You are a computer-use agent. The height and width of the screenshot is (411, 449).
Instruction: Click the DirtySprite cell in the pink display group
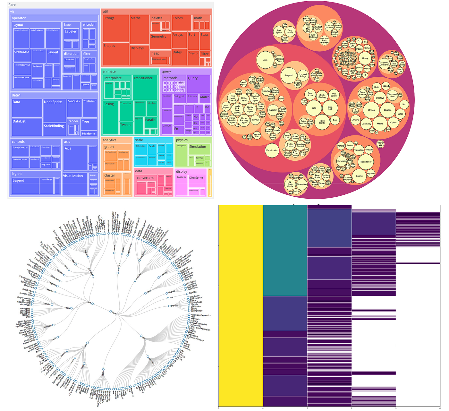coord(196,181)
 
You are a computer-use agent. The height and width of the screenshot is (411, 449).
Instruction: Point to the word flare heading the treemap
coord(12,5)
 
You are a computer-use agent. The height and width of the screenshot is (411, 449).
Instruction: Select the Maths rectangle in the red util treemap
coord(139,30)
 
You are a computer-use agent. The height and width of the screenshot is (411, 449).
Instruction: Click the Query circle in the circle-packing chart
coord(365,58)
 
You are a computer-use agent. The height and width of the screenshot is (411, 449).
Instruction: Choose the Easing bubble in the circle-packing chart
coord(359,176)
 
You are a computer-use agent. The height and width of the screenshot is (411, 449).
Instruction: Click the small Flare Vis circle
coord(380,144)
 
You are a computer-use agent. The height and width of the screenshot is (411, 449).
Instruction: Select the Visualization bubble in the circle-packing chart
coord(272,150)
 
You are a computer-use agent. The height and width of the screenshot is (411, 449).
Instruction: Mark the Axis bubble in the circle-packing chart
coord(265,60)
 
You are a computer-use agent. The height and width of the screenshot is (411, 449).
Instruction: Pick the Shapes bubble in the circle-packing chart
coord(388,110)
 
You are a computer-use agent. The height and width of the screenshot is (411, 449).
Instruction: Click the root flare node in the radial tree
coord(110,311)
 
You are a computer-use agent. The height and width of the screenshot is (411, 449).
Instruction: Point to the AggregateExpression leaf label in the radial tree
coord(201,315)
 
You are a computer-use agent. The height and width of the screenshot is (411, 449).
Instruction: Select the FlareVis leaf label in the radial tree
coord(193,293)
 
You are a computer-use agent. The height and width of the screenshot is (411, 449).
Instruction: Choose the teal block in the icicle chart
coord(285,250)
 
